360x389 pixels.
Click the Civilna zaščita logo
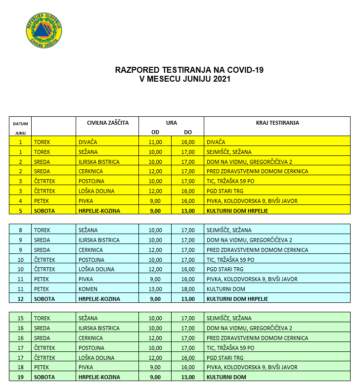click(x=44, y=31)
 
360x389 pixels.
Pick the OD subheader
click(x=155, y=132)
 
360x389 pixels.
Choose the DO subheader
click(x=188, y=132)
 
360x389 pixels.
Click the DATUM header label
click(x=20, y=123)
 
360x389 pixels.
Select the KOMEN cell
click(x=88, y=289)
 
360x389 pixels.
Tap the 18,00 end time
click(x=188, y=289)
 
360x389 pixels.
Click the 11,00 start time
click(x=155, y=142)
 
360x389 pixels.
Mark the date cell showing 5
click(x=20, y=210)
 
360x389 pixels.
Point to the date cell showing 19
click(x=20, y=377)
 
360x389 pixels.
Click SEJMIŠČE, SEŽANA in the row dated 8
click(x=229, y=230)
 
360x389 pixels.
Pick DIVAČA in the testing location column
click(x=216, y=142)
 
